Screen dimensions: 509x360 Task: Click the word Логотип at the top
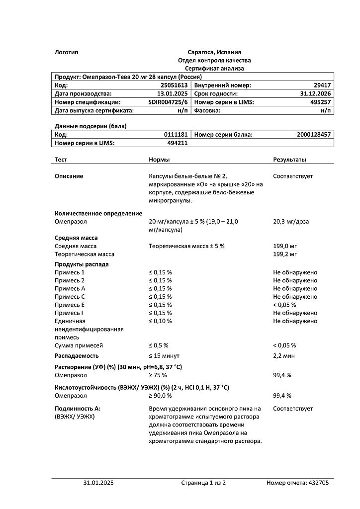click(x=67, y=52)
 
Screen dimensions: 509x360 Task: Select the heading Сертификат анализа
click(x=214, y=68)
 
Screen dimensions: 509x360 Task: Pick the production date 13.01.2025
click(x=172, y=93)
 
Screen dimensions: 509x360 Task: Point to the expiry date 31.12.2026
click(x=316, y=93)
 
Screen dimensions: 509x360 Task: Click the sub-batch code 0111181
click(x=176, y=135)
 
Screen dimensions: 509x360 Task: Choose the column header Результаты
click(x=289, y=160)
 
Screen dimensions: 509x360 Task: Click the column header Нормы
click(x=159, y=160)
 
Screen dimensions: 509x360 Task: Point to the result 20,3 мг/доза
click(x=291, y=221)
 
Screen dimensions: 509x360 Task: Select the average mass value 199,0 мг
click(x=285, y=246)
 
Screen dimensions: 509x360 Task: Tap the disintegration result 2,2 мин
click(x=284, y=355)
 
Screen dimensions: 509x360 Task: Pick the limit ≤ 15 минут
click(x=164, y=355)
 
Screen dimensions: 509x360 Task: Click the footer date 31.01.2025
click(x=98, y=482)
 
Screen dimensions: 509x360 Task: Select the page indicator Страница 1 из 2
click(x=203, y=482)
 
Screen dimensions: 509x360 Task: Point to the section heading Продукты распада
click(x=82, y=264)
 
